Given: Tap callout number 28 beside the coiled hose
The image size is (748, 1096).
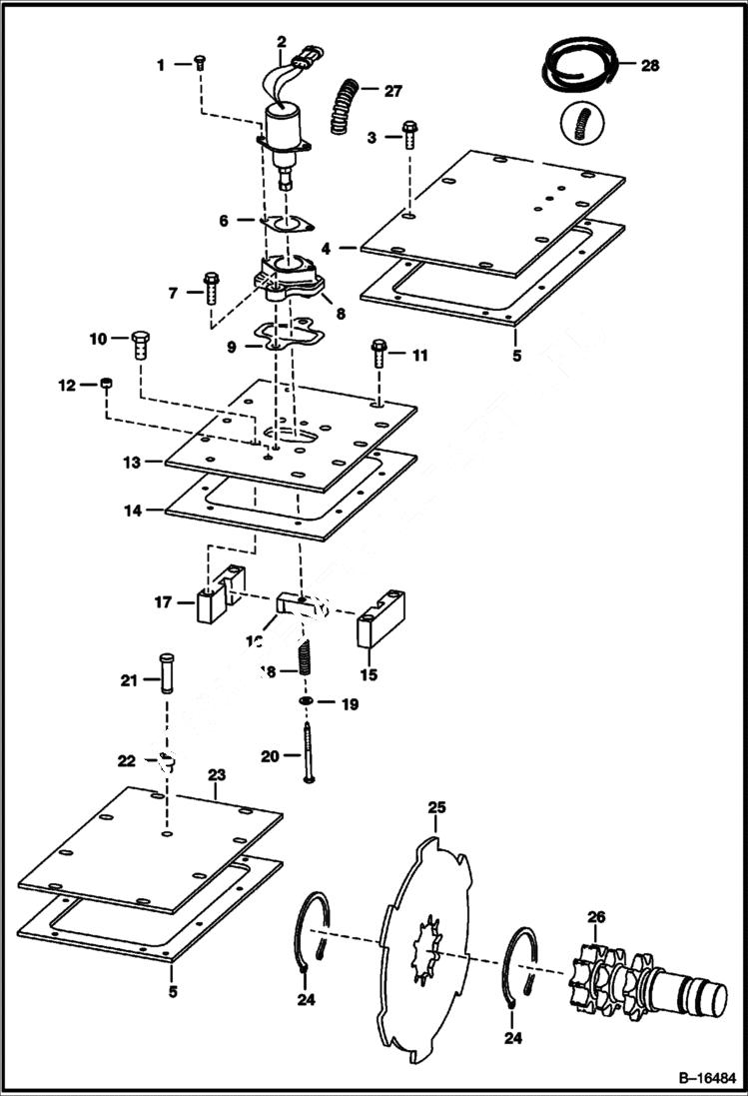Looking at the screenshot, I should (650, 65).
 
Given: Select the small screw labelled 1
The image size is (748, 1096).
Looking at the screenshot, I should (199, 63).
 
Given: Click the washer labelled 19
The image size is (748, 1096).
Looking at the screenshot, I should (304, 703).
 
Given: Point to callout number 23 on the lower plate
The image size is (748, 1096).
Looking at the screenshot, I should (217, 774).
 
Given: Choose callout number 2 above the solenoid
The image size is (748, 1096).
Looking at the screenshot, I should (282, 42).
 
